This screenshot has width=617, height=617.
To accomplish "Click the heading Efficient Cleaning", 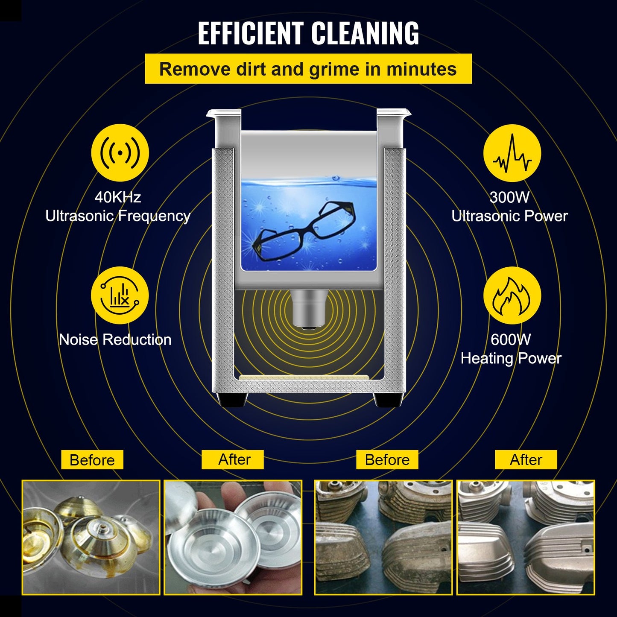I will point(308,33).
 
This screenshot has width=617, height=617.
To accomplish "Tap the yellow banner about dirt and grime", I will point(308,69).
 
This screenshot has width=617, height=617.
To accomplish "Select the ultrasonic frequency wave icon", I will point(120,152).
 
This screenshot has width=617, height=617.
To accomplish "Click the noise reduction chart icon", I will point(120,295).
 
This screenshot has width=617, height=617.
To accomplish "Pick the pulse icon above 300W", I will point(512,152).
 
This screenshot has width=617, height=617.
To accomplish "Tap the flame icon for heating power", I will point(512,295).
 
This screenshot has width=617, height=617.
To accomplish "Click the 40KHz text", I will point(117,197).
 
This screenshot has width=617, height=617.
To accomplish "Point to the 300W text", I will point(509,197).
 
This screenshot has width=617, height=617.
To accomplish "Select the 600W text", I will point(511,340).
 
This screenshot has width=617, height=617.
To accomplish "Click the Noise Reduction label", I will point(115,340).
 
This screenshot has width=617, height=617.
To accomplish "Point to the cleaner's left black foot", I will point(232,400).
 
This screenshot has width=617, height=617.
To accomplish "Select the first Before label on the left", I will point(92,460).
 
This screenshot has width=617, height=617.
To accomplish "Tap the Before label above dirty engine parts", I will point(387,460).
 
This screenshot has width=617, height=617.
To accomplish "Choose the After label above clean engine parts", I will point(526,460).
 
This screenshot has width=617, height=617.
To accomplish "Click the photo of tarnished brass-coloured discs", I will point(91,537).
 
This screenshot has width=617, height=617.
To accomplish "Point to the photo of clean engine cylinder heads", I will point(526,537).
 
